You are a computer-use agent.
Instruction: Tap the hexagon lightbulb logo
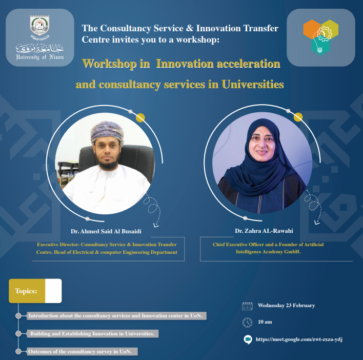coord(320,37)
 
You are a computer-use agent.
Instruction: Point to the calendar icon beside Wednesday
coord(247,306)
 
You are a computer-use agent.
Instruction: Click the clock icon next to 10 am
coord(247,323)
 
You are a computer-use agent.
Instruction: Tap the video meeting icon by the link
coord(247,339)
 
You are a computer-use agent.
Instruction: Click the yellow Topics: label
coord(27,291)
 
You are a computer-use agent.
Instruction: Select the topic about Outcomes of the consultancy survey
coord(79,352)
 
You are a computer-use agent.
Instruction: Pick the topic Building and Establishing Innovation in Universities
coord(92,334)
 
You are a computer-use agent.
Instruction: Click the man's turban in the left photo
coord(105,132)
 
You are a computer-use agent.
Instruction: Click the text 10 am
coord(265,323)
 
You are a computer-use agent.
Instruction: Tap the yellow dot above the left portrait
coord(139,117)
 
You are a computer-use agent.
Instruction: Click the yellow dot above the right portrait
coord(298,117)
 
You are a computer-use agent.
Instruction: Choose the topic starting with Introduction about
coord(115,316)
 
